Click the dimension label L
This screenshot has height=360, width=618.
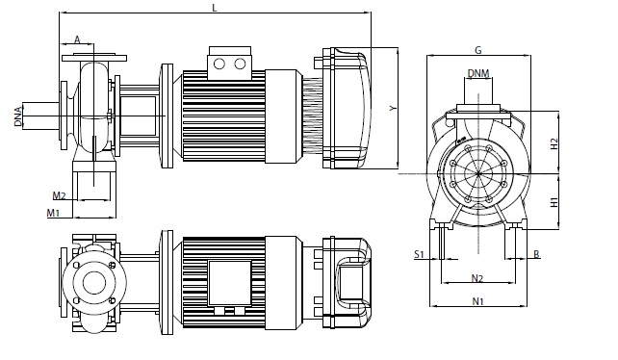point(215,8)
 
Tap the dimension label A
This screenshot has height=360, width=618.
point(77,39)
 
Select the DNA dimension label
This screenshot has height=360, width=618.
point(17,116)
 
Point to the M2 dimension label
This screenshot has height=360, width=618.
point(59,195)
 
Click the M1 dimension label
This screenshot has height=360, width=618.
point(53,213)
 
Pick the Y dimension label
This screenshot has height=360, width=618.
point(393,108)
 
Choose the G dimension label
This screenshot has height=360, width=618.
point(478,50)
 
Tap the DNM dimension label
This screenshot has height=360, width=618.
point(478,73)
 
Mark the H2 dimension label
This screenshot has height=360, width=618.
point(554,143)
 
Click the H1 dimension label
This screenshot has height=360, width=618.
point(554,202)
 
